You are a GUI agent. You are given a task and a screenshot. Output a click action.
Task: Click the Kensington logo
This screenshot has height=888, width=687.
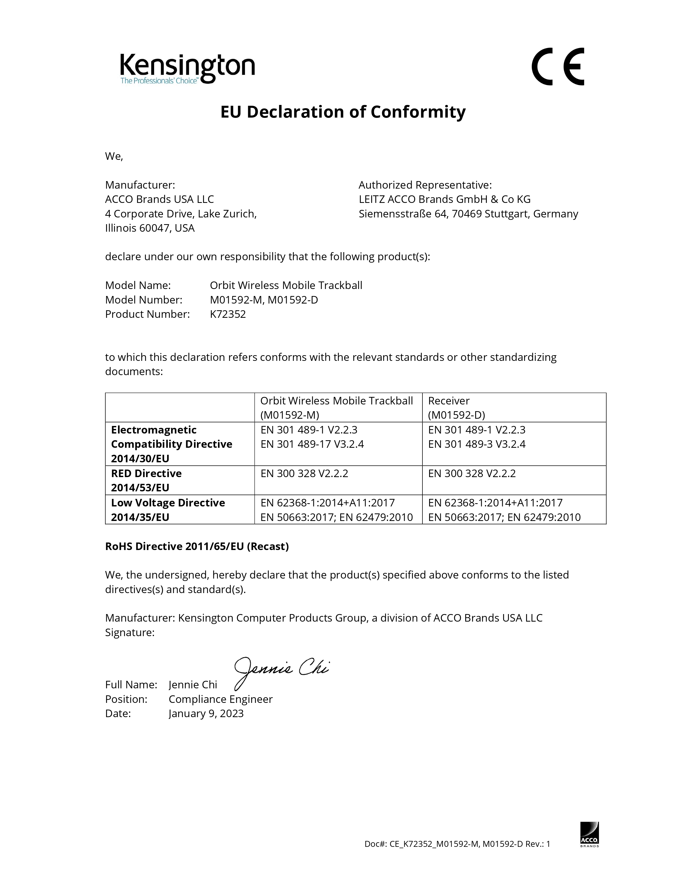coord(187,68)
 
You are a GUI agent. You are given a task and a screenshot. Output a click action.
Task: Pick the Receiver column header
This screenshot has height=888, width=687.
coord(449,401)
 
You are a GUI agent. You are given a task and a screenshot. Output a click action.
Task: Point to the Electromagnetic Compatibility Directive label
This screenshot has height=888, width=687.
coord(171,444)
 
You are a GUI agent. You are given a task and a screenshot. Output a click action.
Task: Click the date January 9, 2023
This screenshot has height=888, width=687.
coord(206,714)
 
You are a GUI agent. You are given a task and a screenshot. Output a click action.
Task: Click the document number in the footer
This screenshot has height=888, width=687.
coord(457,844)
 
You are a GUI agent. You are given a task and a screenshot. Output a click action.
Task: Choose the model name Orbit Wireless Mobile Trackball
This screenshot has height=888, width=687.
coord(286,286)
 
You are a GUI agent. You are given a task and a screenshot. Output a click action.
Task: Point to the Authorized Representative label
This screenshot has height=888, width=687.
coord(425,185)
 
